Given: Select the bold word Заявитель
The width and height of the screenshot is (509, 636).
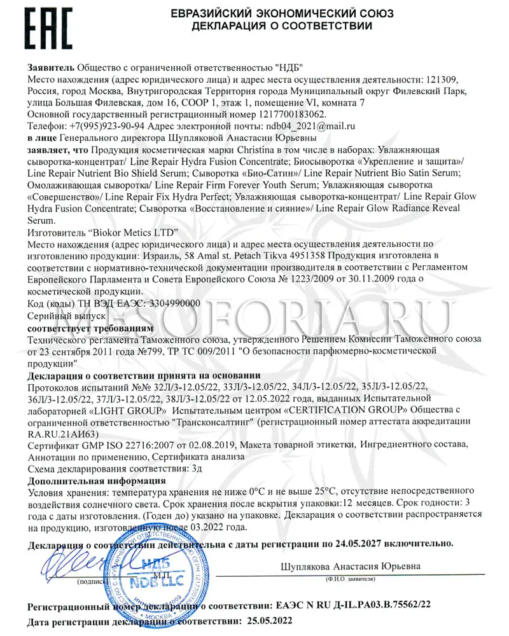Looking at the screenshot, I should pyautogui.click(x=51, y=68).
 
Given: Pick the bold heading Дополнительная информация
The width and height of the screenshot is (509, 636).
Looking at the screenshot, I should pyautogui.click(x=97, y=481).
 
